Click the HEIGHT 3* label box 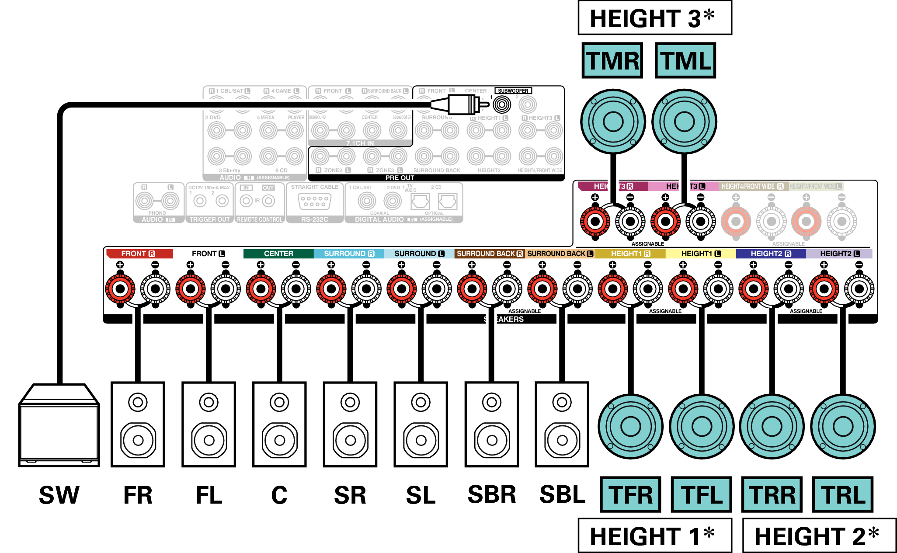coord(654,18)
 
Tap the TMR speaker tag coord(612,60)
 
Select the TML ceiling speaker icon coord(684,122)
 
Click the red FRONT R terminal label coord(139,254)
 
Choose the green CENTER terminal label coord(278,254)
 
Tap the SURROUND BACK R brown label coord(489,254)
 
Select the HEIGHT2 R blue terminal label coord(771,254)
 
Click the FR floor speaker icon coord(138,424)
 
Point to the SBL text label coord(562,494)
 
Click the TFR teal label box coord(630,494)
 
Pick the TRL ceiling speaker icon coord(843,426)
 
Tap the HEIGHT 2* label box coord(819,536)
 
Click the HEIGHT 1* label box coord(654,536)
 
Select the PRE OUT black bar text coord(400,178)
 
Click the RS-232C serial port coord(314,202)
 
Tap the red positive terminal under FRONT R coord(120,289)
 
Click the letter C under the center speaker coord(279,495)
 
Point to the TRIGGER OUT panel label coord(209,219)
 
